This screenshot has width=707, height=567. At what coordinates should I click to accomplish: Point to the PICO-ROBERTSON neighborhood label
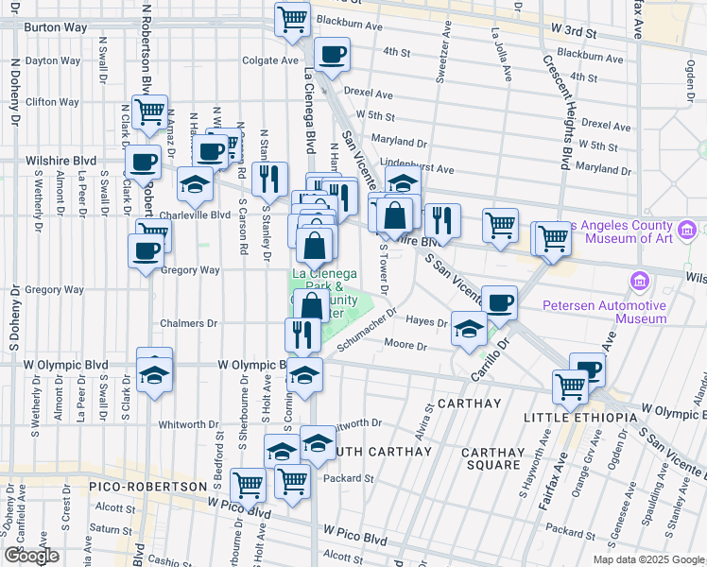click(147, 486)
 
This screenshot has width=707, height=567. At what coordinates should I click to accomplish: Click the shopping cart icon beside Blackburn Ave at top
click(293, 18)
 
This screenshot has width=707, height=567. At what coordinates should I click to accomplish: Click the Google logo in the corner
click(32, 556)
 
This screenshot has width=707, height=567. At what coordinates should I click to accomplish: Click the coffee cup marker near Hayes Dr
click(499, 302)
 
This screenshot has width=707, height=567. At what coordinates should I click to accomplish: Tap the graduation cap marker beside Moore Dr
click(469, 329)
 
